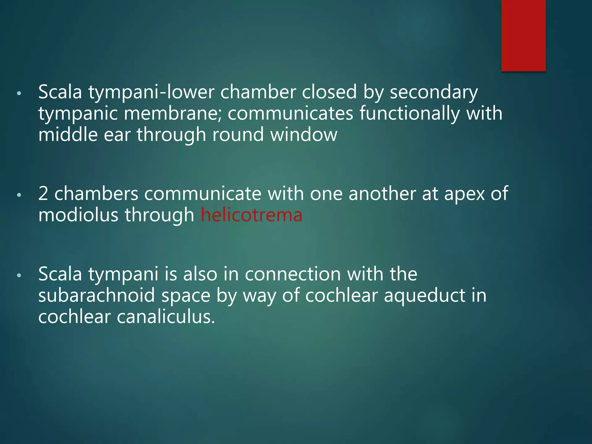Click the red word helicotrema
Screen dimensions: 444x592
coord(251,215)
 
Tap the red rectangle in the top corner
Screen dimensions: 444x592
coord(523,35)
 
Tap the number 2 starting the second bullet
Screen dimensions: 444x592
coord(43,194)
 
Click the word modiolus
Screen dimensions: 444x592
coord(78,215)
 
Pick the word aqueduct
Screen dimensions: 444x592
coord(424,296)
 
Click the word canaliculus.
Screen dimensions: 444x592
coord(166,317)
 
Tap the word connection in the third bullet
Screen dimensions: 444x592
coord(293,274)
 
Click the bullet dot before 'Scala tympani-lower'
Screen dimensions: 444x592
coord(19,94)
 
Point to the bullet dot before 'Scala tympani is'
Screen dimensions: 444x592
coord(19,275)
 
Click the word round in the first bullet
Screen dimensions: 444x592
coord(238,135)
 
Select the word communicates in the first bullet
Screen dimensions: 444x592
coord(290,113)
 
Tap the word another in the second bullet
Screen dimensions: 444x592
coord(382,194)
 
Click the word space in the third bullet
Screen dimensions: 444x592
coord(186,296)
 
